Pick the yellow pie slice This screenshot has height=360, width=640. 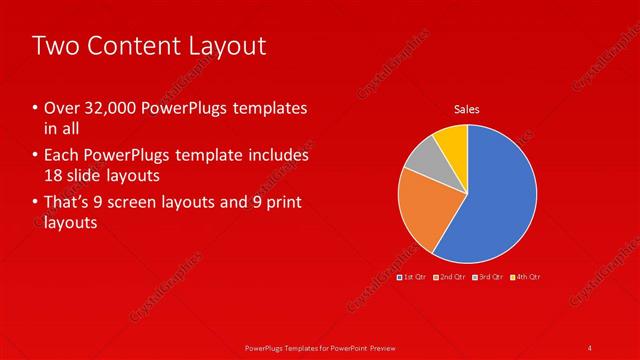[452, 140]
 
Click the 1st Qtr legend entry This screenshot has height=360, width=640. [412, 275]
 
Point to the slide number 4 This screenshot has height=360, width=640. [590, 347]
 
